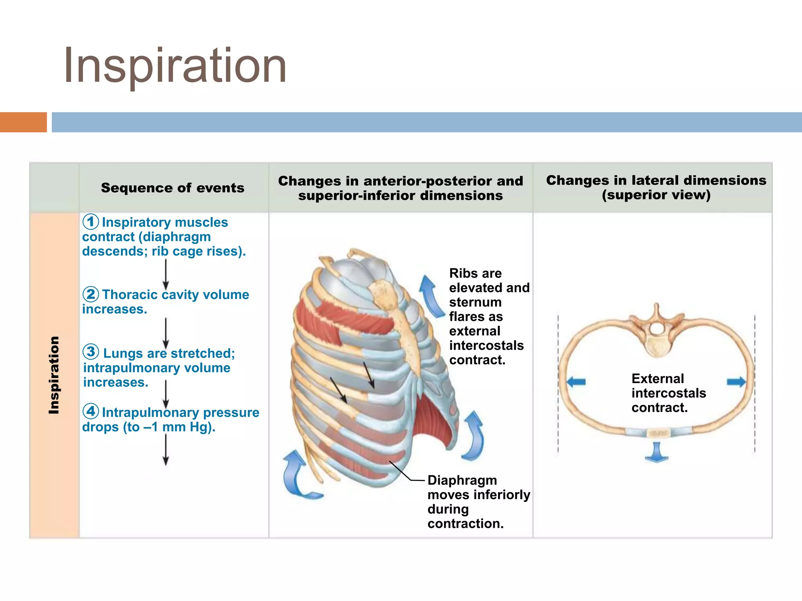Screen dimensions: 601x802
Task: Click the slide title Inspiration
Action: [175, 66]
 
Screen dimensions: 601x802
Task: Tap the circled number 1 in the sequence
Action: [90, 221]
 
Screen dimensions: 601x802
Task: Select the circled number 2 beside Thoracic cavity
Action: [90, 294]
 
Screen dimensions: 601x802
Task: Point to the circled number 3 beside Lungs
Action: [91, 352]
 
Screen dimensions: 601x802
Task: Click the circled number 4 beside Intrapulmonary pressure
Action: [90, 411]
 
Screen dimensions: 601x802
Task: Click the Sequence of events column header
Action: [172, 188]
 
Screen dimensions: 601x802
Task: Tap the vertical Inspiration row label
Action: [54, 374]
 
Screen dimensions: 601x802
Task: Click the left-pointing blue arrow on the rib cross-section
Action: [576, 381]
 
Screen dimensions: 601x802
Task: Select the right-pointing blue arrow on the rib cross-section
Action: [736, 381]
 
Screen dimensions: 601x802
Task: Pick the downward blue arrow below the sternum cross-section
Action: [656, 452]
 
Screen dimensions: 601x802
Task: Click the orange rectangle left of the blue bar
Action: [23, 122]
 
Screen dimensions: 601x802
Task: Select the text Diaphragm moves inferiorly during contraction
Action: [478, 502]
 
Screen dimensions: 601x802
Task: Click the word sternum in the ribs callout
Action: [475, 302]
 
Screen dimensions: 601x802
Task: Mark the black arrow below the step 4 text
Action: [166, 450]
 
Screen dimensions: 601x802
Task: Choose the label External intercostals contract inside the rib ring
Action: [668, 393]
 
